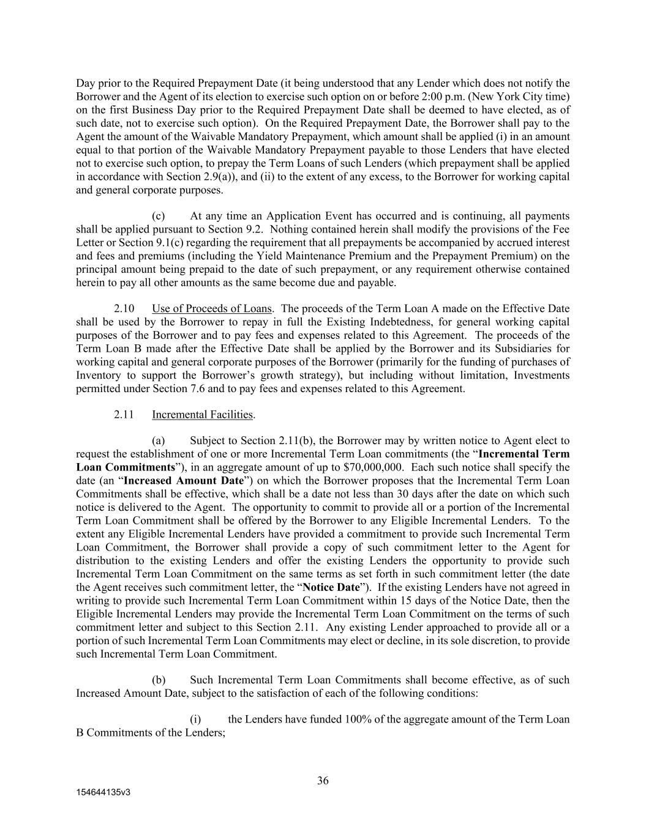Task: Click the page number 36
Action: pos(323,781)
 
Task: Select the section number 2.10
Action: pos(124,308)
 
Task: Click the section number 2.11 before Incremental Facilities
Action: pos(124,414)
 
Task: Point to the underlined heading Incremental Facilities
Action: pos(202,414)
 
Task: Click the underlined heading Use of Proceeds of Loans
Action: pos(212,308)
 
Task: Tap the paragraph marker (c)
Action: pos(159,216)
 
